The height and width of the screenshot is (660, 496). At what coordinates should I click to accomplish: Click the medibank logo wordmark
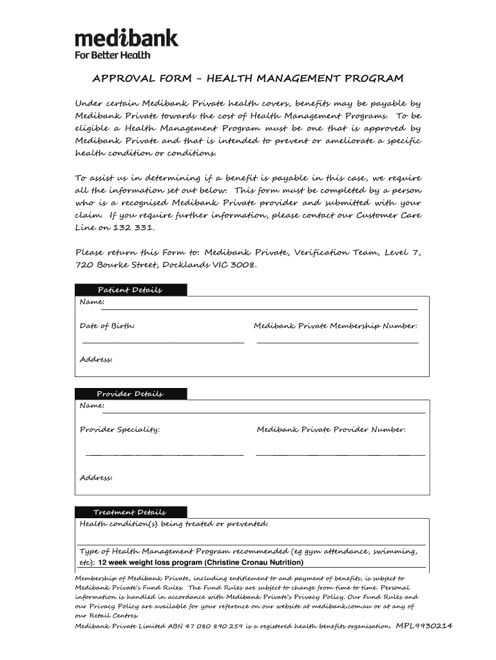tap(126, 38)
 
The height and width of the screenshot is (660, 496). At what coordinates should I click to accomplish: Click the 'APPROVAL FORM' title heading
tap(248, 79)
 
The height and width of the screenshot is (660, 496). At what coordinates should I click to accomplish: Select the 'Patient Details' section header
tap(130, 290)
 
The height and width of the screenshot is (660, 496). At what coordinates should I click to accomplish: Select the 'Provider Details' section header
tap(130, 394)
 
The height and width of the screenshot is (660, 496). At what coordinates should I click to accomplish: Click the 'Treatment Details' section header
tap(130, 512)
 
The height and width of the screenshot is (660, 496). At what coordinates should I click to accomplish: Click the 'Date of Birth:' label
tap(107, 326)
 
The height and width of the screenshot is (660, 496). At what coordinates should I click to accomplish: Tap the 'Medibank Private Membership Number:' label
tap(336, 326)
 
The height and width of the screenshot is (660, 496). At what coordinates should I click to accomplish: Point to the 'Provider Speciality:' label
tap(120, 429)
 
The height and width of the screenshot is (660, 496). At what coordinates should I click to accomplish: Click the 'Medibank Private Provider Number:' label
tap(331, 429)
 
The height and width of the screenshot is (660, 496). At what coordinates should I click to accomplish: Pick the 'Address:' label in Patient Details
tap(96, 359)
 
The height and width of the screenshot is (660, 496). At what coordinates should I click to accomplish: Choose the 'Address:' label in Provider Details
tap(96, 478)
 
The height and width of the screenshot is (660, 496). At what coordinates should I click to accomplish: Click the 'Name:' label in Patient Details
tap(91, 302)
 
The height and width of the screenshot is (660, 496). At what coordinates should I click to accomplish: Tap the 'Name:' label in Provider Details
tap(91, 405)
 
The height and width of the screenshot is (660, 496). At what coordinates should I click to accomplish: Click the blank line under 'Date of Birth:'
tap(162, 342)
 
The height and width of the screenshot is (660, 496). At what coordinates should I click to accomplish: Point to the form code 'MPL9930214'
tap(424, 626)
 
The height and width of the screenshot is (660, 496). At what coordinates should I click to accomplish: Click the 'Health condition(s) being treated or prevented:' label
tap(173, 524)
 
